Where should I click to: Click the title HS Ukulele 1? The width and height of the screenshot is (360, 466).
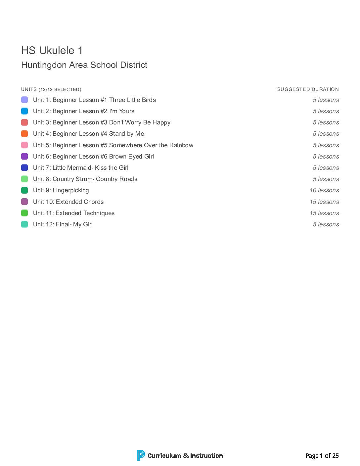click(x=52, y=51)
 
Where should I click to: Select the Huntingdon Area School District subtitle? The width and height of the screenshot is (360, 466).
click(x=84, y=65)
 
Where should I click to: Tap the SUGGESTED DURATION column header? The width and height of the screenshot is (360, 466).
click(x=308, y=89)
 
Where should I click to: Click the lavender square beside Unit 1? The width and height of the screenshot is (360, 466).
click(x=24, y=100)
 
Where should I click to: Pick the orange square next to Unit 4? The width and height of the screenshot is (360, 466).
click(x=24, y=134)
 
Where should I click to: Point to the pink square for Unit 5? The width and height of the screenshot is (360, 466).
click(x=24, y=145)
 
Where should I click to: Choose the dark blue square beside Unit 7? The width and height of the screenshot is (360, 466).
click(x=24, y=168)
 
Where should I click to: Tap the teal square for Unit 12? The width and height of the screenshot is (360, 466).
click(x=24, y=224)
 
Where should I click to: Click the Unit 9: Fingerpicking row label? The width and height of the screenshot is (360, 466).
click(x=61, y=190)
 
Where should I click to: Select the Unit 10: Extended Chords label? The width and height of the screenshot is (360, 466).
click(x=68, y=202)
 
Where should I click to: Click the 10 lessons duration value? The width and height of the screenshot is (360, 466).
click(x=324, y=190)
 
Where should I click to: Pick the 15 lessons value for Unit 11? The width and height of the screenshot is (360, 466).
click(x=324, y=213)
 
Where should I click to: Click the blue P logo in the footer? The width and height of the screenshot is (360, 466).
click(x=141, y=455)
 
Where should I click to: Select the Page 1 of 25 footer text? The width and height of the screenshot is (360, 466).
click(x=322, y=456)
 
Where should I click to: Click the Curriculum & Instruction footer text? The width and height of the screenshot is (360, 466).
click(x=185, y=456)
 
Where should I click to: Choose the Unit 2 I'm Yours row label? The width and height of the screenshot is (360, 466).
click(x=84, y=111)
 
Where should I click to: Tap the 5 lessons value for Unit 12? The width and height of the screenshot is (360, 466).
click(x=326, y=224)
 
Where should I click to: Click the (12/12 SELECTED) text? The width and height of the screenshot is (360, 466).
click(x=60, y=90)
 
